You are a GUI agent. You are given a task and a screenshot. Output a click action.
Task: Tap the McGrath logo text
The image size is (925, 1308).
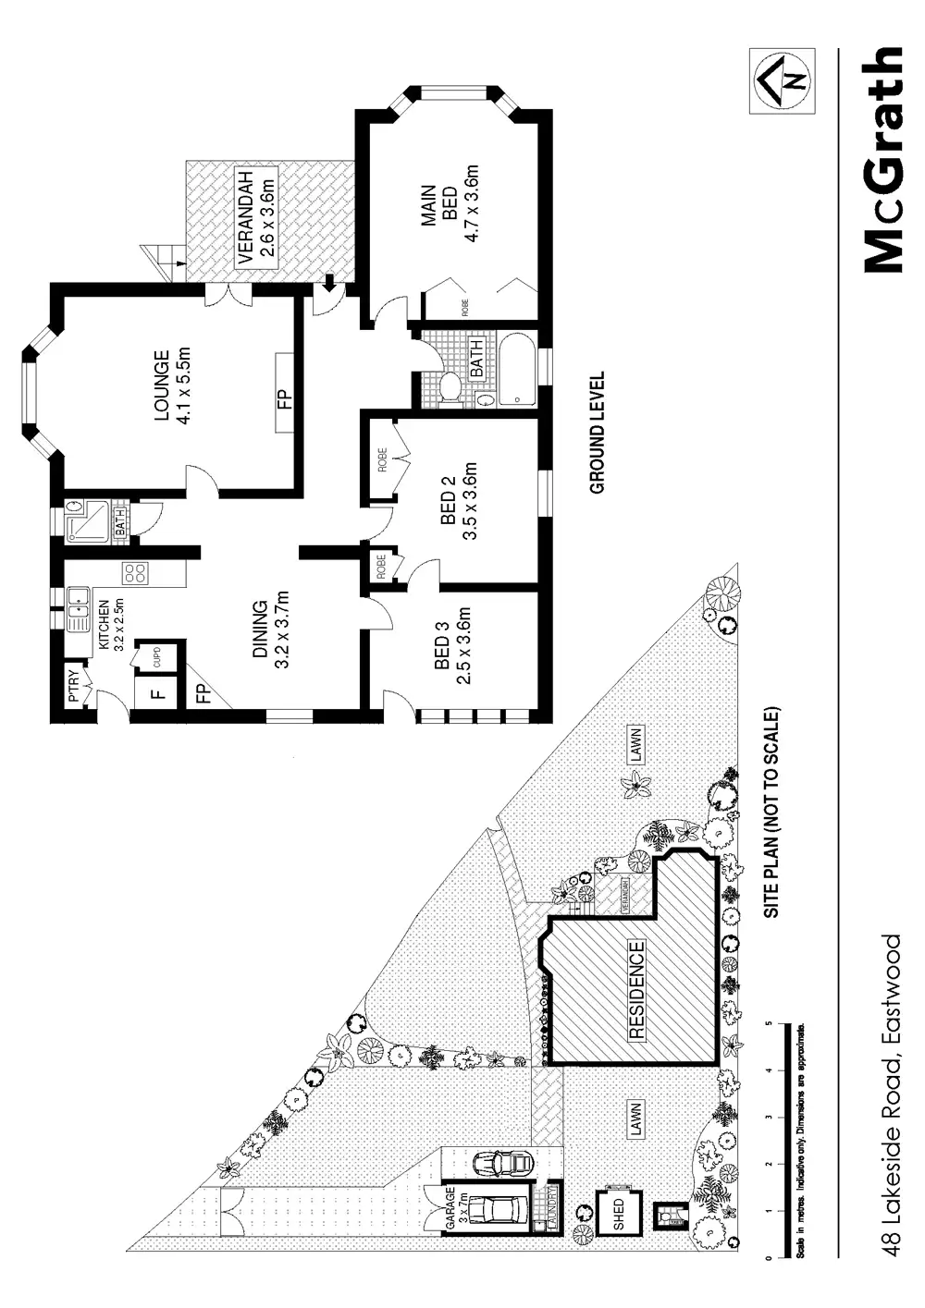click(882, 162)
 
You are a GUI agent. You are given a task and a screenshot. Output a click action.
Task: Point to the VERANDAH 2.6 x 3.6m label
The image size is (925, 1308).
click(254, 218)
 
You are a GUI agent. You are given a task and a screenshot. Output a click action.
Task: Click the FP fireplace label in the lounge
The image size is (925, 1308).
click(284, 398)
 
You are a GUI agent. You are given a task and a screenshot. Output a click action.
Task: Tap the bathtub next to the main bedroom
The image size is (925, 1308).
click(518, 370)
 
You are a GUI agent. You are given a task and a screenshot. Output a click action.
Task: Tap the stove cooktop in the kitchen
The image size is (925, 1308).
click(135, 573)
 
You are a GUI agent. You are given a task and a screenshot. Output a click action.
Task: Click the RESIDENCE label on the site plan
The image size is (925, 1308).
click(637, 991)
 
